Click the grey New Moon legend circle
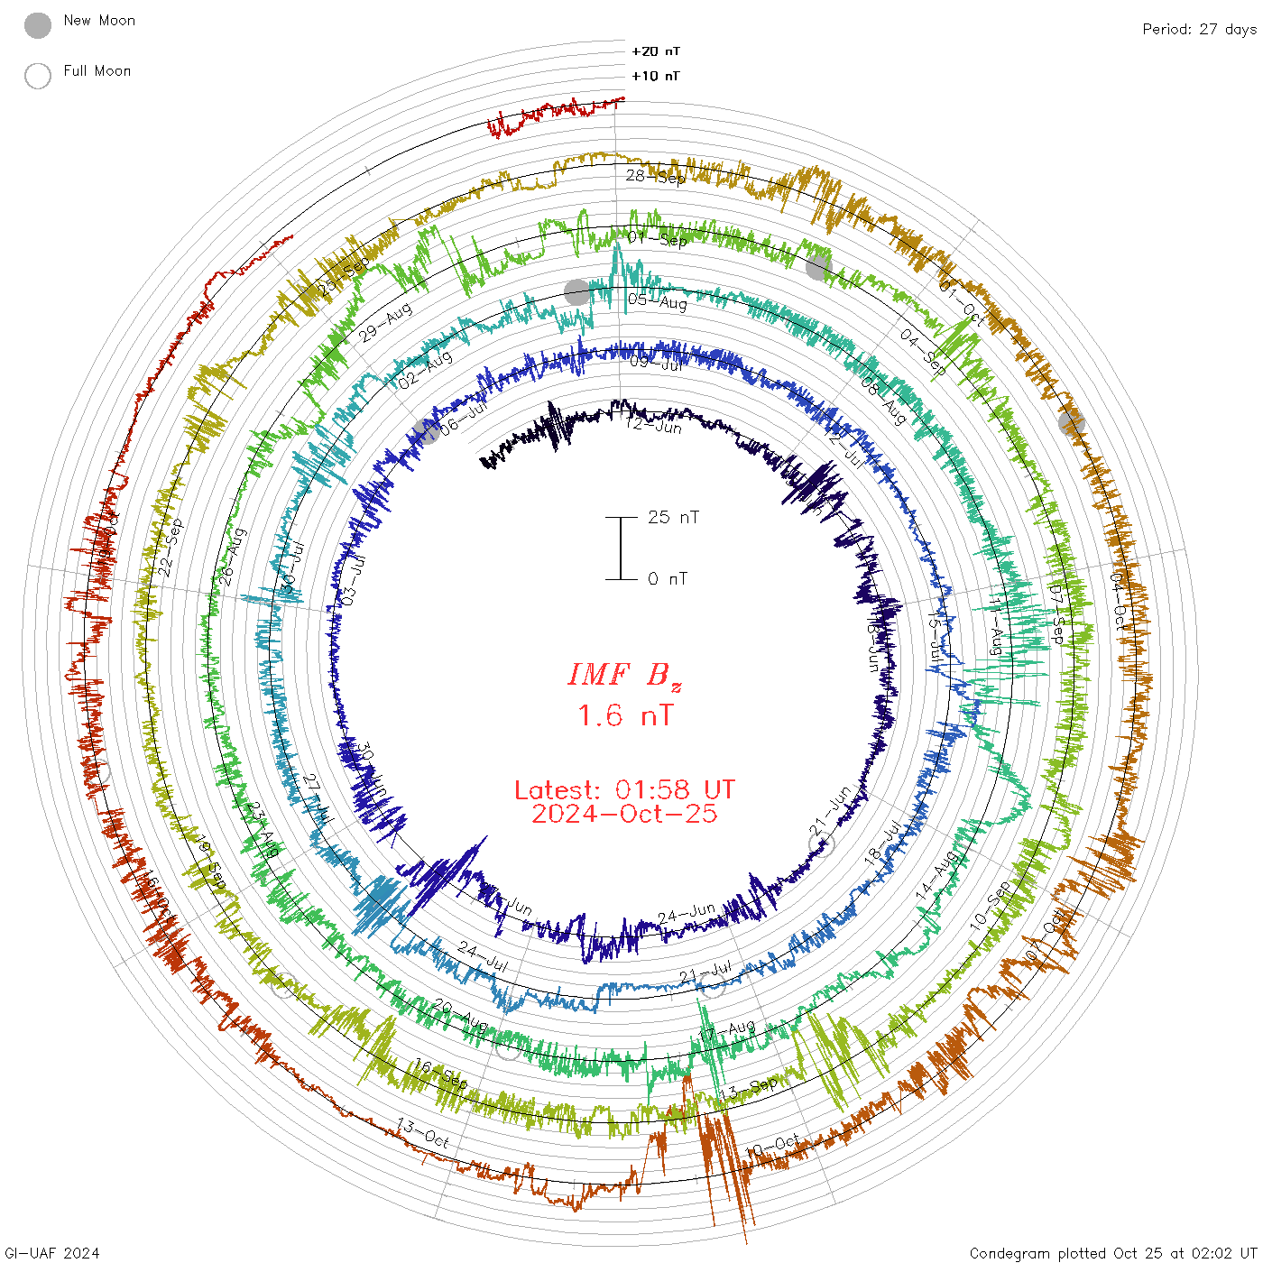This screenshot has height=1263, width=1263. (38, 25)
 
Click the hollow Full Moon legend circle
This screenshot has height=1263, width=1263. (38, 76)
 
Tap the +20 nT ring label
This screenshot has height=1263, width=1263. (656, 51)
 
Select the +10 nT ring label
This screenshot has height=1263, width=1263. (656, 76)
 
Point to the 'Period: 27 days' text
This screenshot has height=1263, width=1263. (1199, 29)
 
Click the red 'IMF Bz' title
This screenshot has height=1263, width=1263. (624, 676)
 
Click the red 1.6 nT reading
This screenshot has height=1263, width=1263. (624, 715)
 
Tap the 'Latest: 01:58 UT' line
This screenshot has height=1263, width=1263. (624, 790)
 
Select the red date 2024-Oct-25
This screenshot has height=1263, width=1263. (624, 814)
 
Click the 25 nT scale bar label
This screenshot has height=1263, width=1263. (673, 517)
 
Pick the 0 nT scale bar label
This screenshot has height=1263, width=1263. (668, 578)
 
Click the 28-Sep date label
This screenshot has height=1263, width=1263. (656, 177)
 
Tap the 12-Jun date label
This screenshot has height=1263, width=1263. (654, 424)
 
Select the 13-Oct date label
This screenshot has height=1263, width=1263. (423, 1133)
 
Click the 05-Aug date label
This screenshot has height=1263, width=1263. (658, 300)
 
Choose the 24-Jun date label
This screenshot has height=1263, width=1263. (687, 914)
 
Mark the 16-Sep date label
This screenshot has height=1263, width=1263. (441, 1074)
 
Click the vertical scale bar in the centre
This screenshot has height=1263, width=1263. (621, 548)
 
